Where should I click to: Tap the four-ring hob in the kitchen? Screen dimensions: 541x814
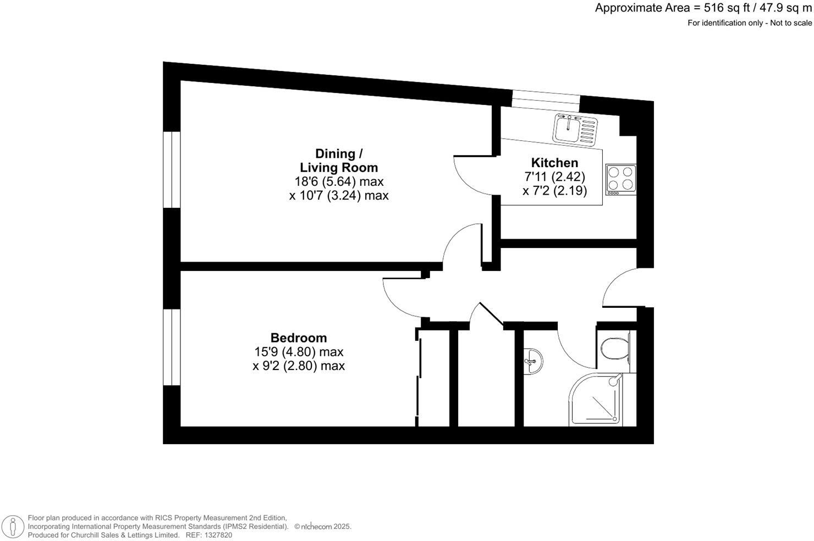tap(620, 179)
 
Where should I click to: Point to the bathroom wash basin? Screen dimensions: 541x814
tap(532, 361)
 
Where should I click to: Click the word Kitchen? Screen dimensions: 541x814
tap(554, 163)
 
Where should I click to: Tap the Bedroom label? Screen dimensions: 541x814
tap(299, 338)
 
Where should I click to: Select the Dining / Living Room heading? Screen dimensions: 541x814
tap(339, 161)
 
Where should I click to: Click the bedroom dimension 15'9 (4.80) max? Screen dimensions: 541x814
tap(299, 352)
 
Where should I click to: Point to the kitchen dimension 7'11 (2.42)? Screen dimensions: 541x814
tap(554, 177)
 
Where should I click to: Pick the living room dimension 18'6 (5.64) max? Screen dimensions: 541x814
tap(339, 181)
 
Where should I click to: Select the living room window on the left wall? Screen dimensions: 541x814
tap(172, 169)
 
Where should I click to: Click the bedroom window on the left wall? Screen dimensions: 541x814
tap(172, 347)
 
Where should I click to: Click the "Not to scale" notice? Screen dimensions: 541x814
tap(791, 23)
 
